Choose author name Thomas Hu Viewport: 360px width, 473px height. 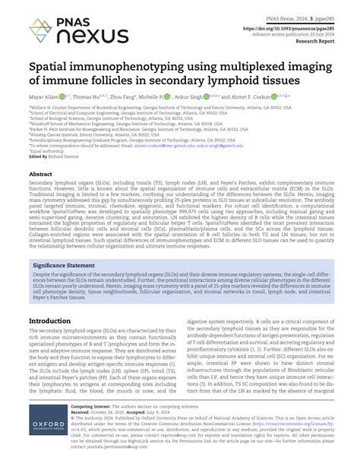[86, 97]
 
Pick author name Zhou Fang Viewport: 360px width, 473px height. [123, 97]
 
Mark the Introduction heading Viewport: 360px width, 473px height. [49, 321]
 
